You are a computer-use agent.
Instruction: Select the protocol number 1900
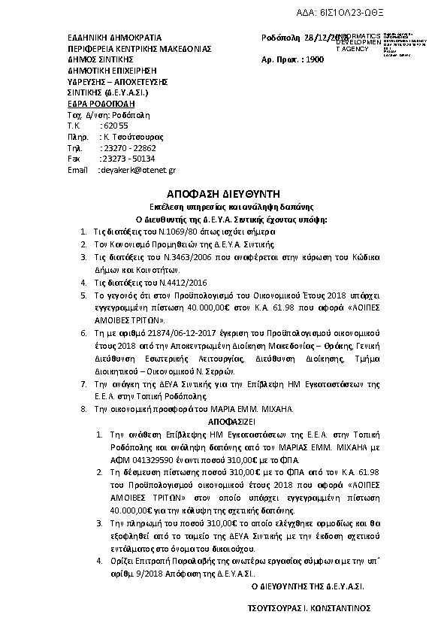(319, 59)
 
